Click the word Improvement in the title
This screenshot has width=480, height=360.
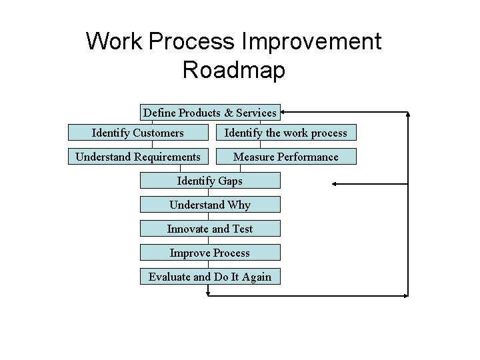313,41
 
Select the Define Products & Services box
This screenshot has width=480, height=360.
210,113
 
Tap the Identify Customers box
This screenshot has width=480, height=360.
138,133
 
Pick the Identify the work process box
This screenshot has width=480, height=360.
285,133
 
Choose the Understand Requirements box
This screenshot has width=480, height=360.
138,157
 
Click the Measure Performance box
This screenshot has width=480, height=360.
285,157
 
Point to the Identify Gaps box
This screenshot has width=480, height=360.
210,181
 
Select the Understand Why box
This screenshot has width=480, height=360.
210,205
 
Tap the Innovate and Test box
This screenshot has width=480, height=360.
210,229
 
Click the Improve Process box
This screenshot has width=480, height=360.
210,253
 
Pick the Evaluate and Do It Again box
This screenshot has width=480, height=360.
210,277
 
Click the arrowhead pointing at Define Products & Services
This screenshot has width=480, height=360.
285,113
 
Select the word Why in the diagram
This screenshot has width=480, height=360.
239,205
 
